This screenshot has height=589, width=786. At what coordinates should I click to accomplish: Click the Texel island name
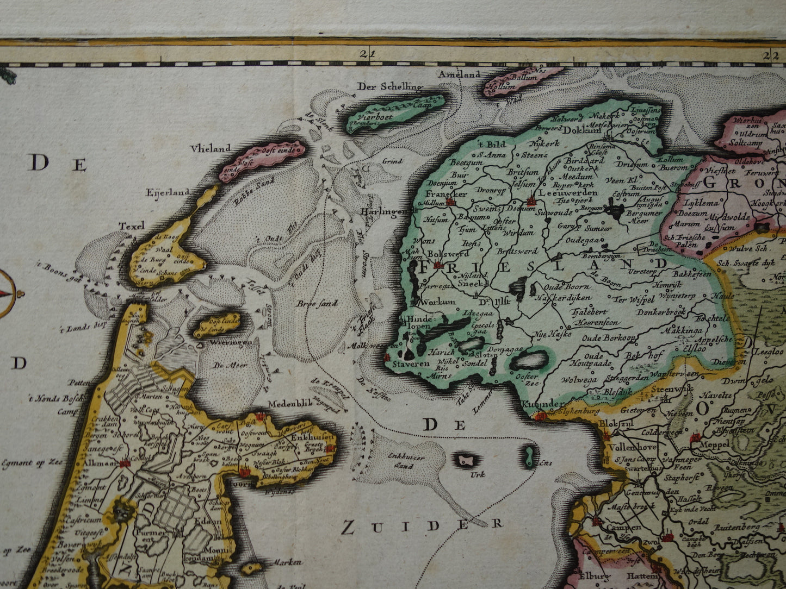[132, 225]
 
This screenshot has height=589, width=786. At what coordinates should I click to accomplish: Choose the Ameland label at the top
[460, 74]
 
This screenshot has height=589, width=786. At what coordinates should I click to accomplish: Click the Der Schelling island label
[389, 86]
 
